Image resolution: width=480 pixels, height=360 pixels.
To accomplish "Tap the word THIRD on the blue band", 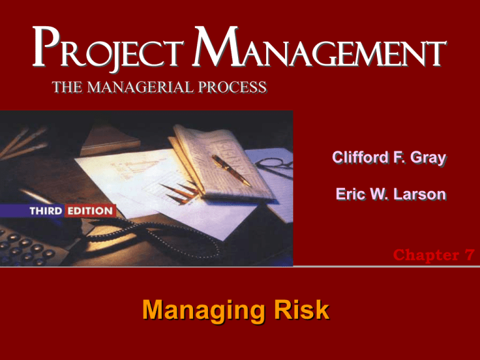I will [47, 210].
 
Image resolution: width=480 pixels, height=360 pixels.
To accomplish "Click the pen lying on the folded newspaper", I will [231, 169].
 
